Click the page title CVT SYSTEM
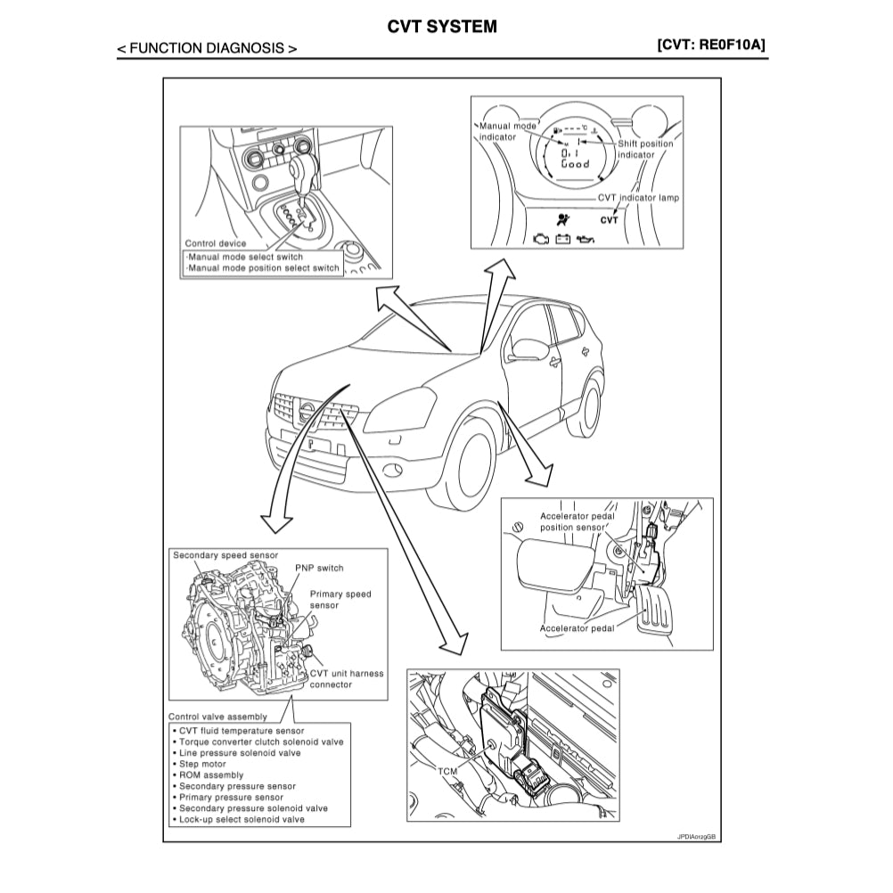click(x=442, y=27)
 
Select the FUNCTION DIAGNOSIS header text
click(x=207, y=49)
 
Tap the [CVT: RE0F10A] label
click(x=711, y=45)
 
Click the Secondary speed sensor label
click(x=225, y=553)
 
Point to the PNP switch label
click(x=318, y=568)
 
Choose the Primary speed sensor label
click(x=340, y=599)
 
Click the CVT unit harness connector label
click(x=346, y=679)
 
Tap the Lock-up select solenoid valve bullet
click(x=242, y=819)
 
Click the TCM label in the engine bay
click(x=449, y=767)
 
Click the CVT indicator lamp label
click(x=638, y=198)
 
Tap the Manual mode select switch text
click(x=245, y=257)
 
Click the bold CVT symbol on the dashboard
click(x=609, y=218)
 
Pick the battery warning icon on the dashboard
click(x=562, y=239)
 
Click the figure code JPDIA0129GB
click(x=696, y=837)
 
